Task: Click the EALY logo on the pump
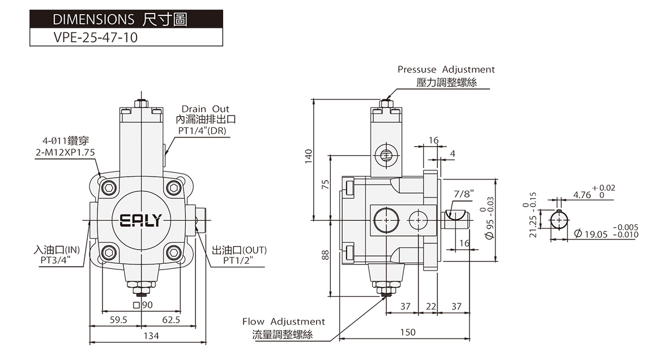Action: (x=140, y=220)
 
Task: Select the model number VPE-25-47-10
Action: (x=96, y=37)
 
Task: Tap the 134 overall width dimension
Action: (x=151, y=336)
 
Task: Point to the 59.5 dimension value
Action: (x=118, y=320)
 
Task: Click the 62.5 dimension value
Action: (x=171, y=320)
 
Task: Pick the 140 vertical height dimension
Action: (x=309, y=156)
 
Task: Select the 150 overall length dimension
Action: (x=408, y=332)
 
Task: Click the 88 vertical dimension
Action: (x=326, y=255)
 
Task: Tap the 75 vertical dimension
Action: (x=326, y=184)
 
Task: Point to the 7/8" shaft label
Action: (x=464, y=194)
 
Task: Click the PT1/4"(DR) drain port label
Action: (x=203, y=131)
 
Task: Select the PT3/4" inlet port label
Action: (x=56, y=260)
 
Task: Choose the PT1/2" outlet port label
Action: (x=238, y=260)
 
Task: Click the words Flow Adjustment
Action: (x=283, y=322)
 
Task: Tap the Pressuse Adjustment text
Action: (x=446, y=70)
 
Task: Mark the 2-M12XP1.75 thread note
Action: (x=65, y=153)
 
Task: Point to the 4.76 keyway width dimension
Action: (x=582, y=195)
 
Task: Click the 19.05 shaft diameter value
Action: (x=596, y=234)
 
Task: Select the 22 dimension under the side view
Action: (x=431, y=306)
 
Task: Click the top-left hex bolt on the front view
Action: (x=109, y=188)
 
